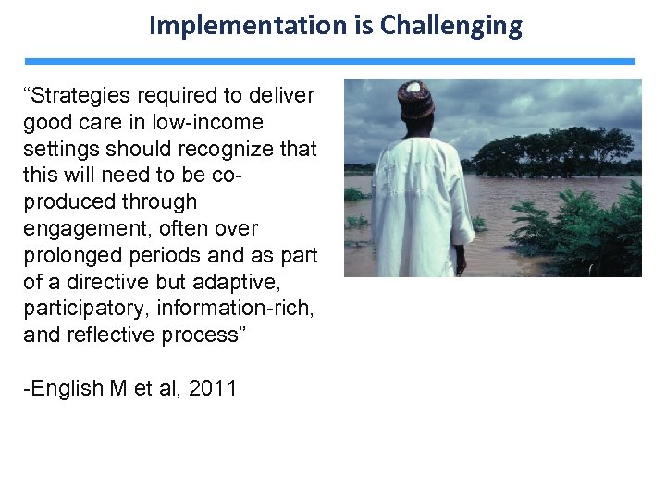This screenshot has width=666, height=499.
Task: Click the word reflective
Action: (x=114, y=335)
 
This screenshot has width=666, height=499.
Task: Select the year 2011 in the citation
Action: (x=213, y=388)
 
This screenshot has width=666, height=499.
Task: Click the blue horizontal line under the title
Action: (x=330, y=62)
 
